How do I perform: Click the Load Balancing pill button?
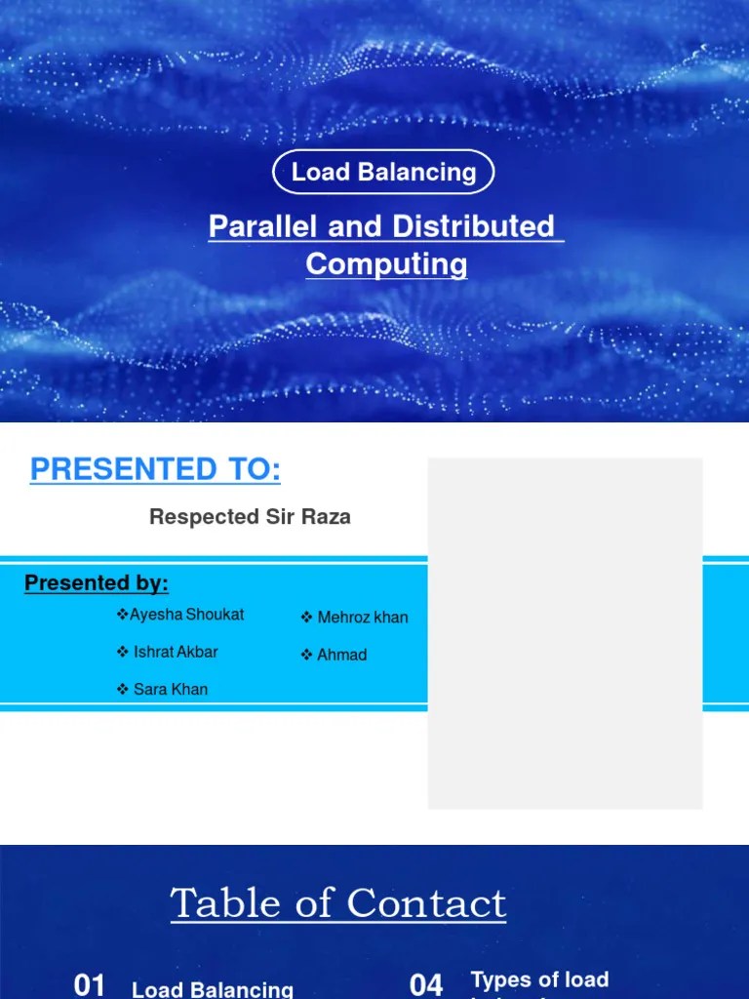[383, 173]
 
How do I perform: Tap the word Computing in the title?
[386, 264]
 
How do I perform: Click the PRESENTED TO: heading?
[155, 470]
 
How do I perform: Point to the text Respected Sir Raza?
[250, 517]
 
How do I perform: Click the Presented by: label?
[97, 583]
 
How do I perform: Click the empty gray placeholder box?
[566, 633]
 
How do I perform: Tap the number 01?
[90, 985]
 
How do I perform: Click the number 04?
[426, 985]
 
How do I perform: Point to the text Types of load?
[539, 979]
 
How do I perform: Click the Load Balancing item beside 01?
[213, 989]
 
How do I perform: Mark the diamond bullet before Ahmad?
[306, 655]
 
